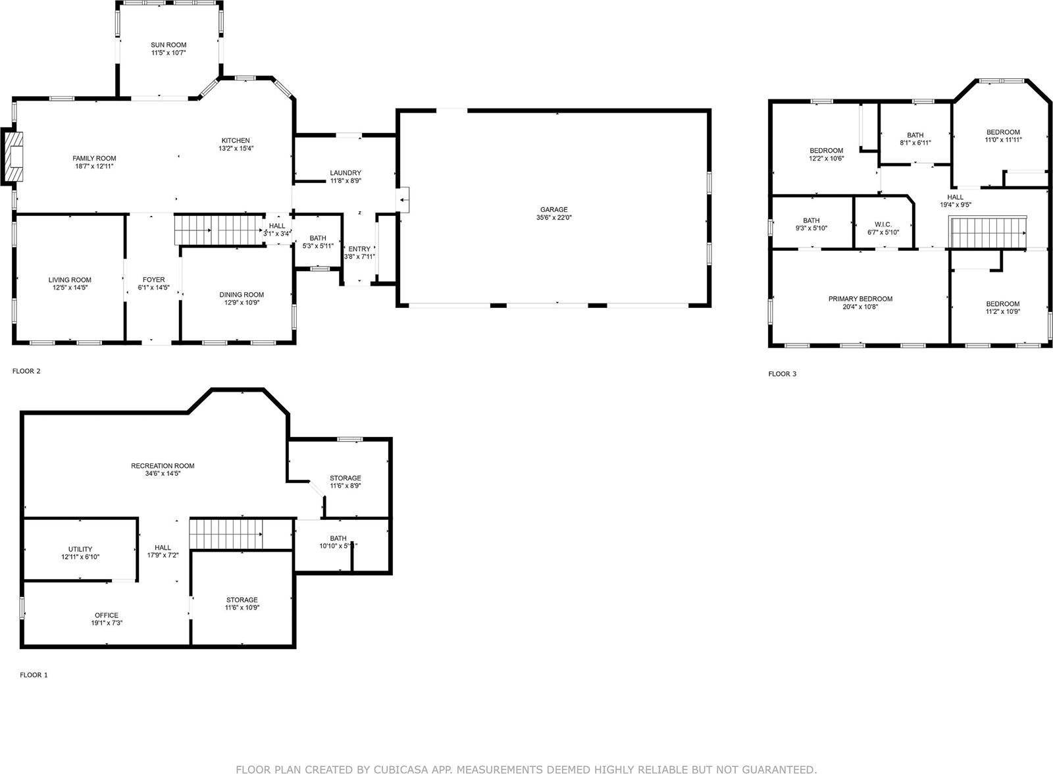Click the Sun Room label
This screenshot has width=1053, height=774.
[168, 45]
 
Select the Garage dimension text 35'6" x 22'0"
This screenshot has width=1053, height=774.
[553, 218]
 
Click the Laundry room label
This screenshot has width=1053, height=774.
[346, 172]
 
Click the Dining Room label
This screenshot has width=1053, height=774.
[242, 295]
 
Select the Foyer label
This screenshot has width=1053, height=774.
[153, 280]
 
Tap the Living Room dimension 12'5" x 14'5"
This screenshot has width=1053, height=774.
[69, 288]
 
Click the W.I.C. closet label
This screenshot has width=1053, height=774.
[883, 224]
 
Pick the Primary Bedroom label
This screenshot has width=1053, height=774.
[860, 299]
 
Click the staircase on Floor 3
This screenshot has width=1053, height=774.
[987, 234]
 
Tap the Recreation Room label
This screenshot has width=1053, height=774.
[163, 466]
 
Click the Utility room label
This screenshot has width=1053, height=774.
[80, 549]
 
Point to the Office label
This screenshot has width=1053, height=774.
[107, 615]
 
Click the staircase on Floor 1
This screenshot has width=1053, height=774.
[226, 534]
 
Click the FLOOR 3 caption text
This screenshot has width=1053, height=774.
[783, 374]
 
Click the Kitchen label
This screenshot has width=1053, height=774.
[236, 140]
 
